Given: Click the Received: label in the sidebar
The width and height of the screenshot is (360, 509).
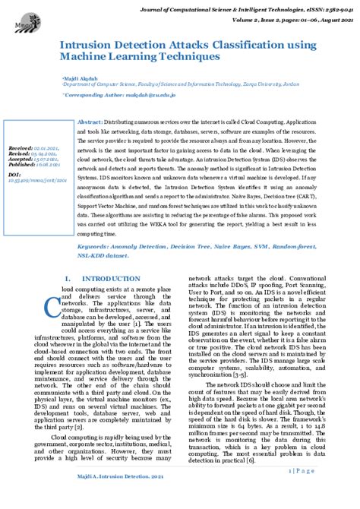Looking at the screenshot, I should [20, 148].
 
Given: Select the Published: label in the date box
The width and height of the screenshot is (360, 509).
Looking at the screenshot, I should [21, 164].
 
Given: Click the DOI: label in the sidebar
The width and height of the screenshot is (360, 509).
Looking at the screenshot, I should [14, 175].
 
